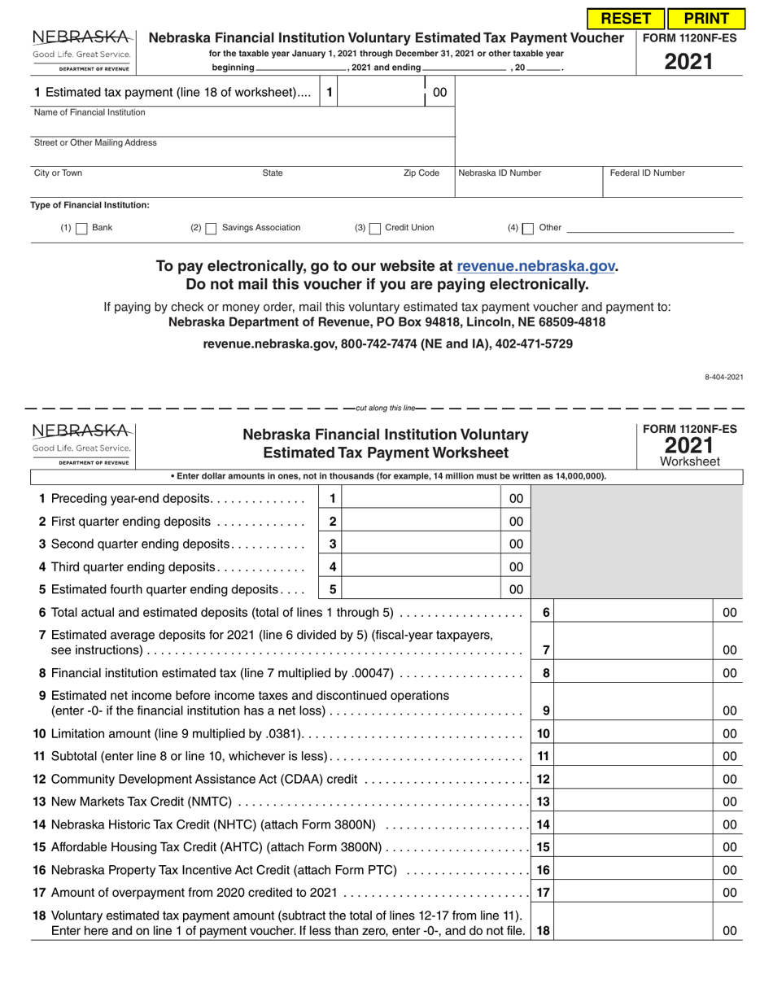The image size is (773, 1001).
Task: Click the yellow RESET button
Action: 625,18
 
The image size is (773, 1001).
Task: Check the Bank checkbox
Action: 81,229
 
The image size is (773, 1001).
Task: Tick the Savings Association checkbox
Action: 211,229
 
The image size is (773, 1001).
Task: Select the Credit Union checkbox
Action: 374,229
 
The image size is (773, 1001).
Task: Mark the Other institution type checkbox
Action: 528,229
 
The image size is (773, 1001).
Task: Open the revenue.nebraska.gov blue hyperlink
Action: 536,266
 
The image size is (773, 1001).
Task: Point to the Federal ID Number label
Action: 648,173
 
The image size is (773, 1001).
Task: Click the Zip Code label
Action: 421,173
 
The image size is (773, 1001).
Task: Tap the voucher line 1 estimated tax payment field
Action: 381,93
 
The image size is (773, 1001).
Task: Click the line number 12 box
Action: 544,779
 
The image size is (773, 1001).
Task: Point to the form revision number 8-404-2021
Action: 723,377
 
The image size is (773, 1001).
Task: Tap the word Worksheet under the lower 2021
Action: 690,461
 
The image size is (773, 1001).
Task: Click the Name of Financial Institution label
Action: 90,112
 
